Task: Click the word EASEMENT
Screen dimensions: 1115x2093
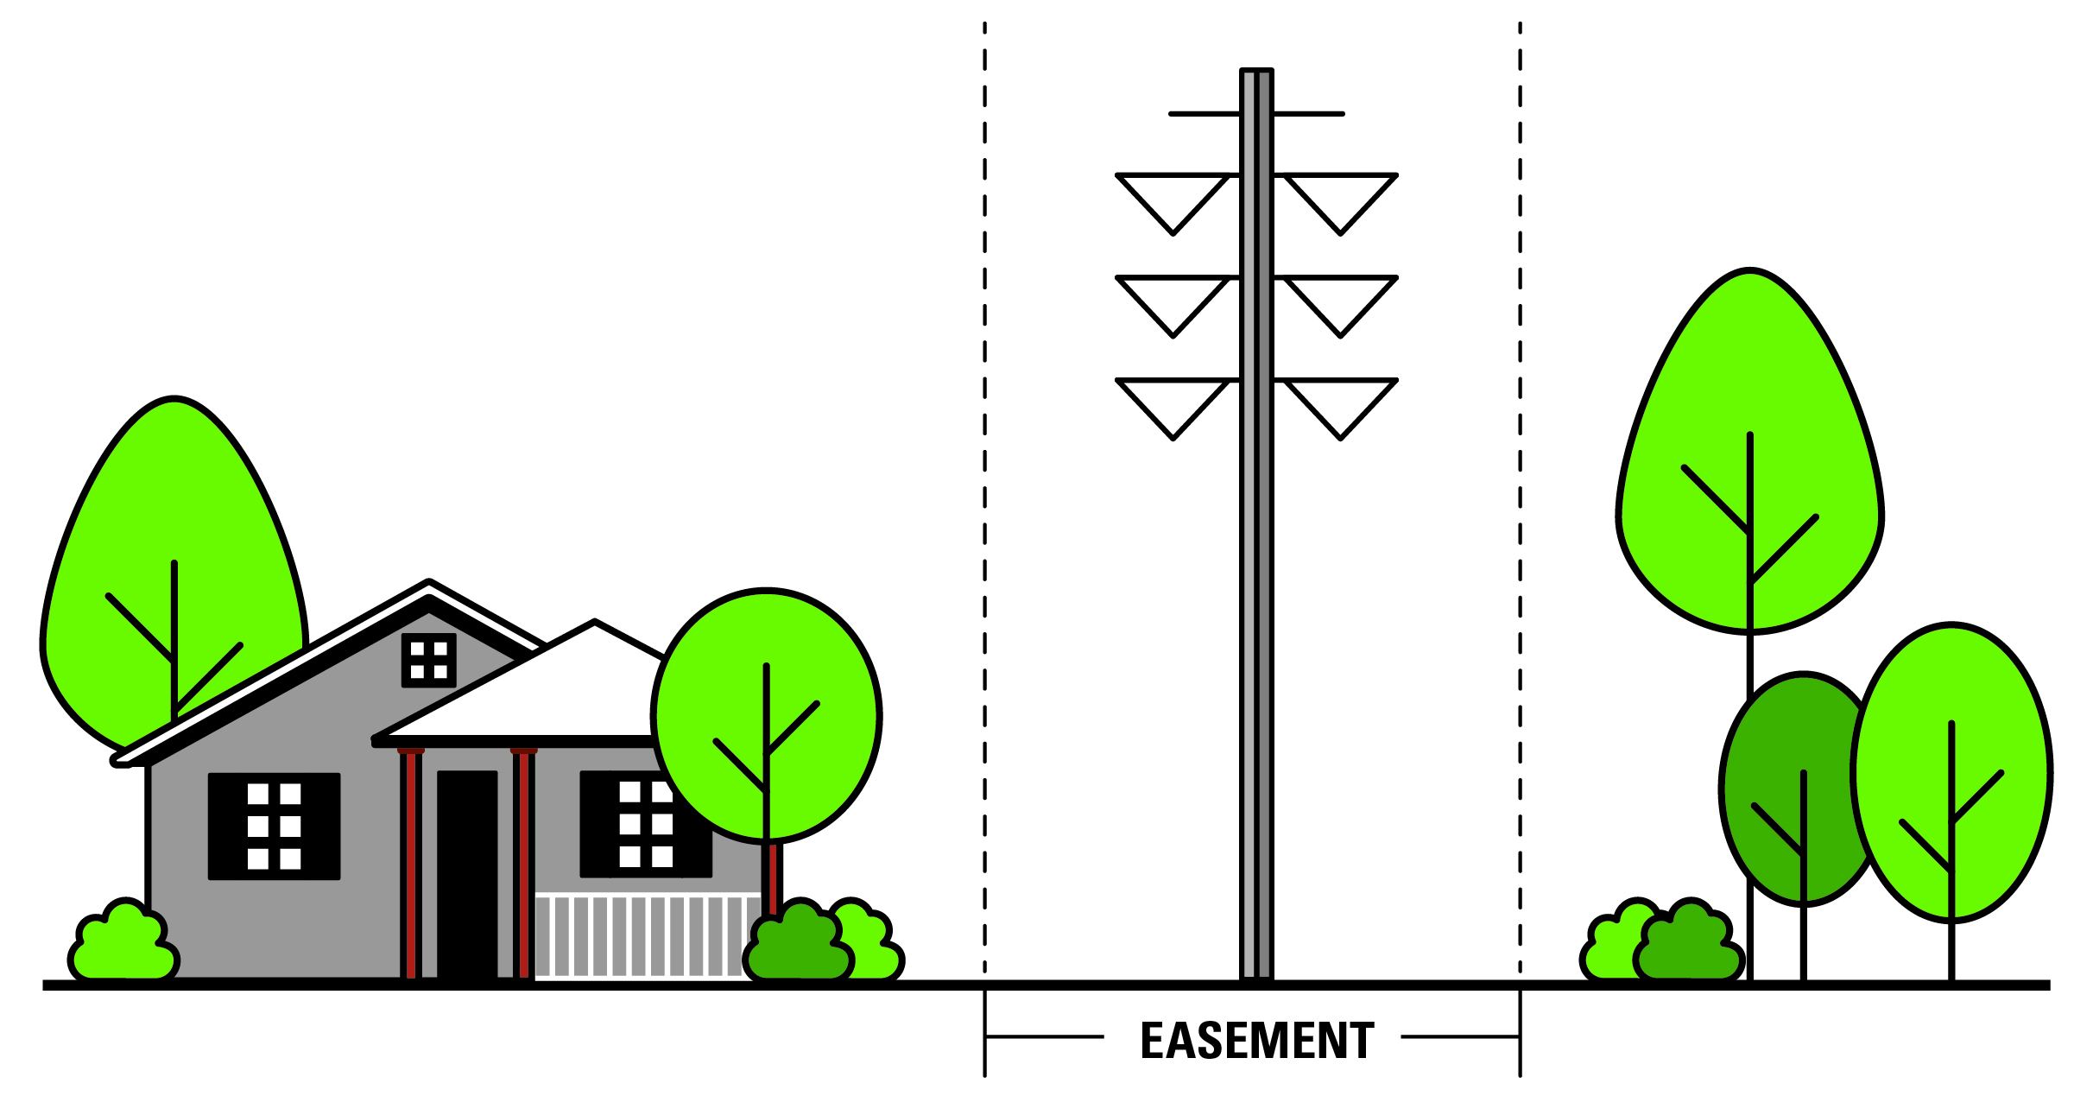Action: pyautogui.click(x=1256, y=1040)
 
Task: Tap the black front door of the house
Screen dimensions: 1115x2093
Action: pyautogui.click(x=467, y=872)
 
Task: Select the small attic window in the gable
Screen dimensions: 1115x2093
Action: pyautogui.click(x=428, y=660)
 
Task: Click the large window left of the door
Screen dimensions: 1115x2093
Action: pyautogui.click(x=274, y=826)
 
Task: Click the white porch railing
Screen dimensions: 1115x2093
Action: pyautogui.click(x=639, y=936)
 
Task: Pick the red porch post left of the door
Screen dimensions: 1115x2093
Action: pyautogui.click(x=411, y=864)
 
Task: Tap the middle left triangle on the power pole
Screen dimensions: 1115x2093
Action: pyautogui.click(x=1173, y=300)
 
